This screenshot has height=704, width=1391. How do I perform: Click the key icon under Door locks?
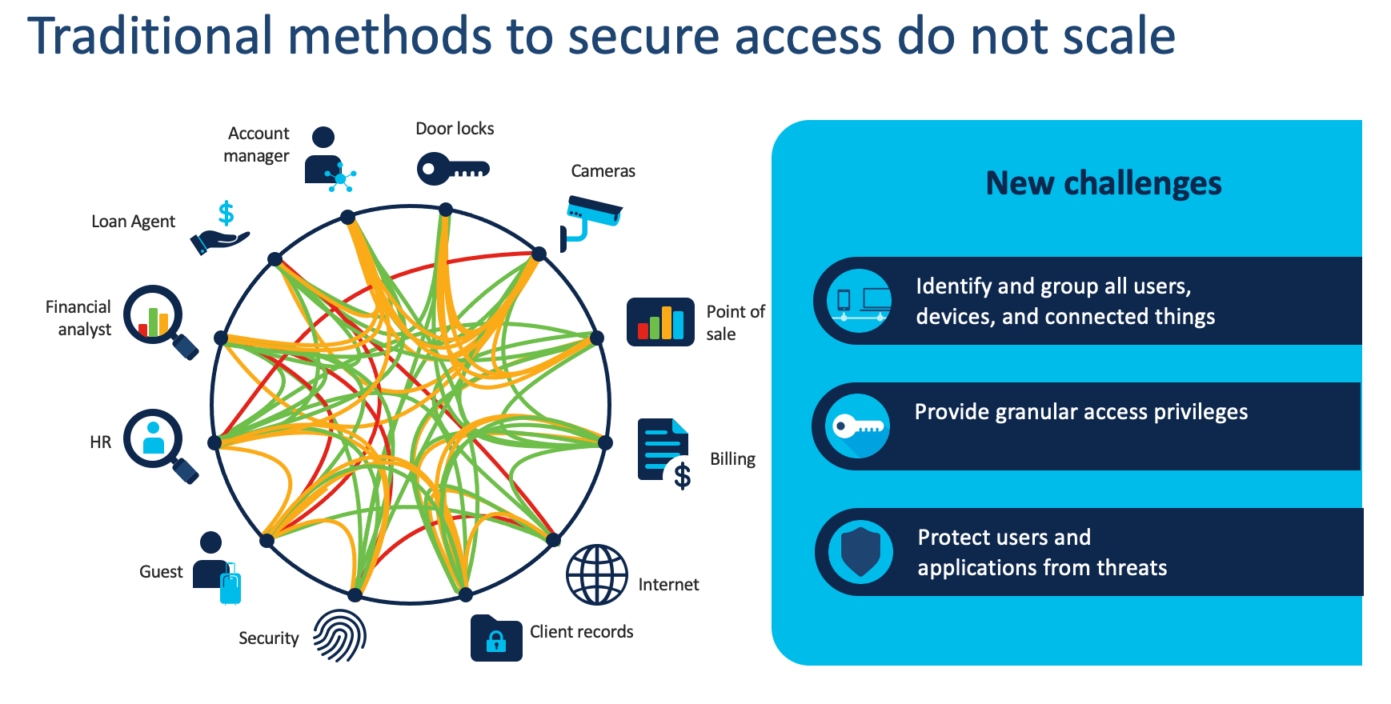[452, 169]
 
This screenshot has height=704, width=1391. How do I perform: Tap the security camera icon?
[591, 221]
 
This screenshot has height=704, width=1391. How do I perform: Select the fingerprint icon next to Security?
[339, 635]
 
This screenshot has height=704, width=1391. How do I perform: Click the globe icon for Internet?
[597, 574]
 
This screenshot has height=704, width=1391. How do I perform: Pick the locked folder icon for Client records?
[495, 638]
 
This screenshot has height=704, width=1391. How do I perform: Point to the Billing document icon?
[664, 453]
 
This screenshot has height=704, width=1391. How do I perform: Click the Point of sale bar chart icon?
[660, 322]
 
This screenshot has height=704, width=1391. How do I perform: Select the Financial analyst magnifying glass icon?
[158, 318]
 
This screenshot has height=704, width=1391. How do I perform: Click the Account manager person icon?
[327, 158]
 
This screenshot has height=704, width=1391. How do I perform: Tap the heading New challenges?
[1103, 183]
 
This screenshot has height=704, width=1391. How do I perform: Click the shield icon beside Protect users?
[860, 551]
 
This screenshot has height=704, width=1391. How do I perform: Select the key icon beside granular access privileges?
[857, 426]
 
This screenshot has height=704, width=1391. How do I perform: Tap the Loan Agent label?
[133, 222]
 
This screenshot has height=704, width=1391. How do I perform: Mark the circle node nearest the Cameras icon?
[539, 254]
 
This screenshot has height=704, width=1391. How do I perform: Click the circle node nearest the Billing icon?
[605, 442]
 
